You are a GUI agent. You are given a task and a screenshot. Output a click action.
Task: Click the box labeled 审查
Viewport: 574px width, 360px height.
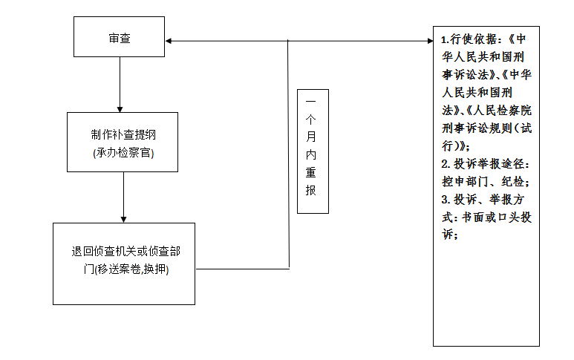coord(119,37)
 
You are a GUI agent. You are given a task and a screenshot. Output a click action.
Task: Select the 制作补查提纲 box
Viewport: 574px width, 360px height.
coord(123,143)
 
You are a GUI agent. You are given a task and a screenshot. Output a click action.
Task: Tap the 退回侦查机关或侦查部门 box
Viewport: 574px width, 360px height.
coord(124,263)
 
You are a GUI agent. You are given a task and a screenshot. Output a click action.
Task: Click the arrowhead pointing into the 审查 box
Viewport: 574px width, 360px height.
coord(170,40)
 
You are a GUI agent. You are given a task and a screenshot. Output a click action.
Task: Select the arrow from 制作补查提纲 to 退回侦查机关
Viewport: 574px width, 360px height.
coord(123,197)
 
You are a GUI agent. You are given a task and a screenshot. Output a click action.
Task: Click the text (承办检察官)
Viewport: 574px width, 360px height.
coord(123,153)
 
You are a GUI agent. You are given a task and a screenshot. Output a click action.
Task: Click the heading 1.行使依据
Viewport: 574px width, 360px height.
coord(471,39)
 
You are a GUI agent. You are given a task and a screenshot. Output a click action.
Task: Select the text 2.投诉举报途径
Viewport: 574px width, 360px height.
coord(484,163)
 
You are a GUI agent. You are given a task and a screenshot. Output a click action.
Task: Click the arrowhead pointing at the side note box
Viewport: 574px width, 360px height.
coord(428,40)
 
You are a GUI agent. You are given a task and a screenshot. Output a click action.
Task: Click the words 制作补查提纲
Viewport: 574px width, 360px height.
coord(123,136)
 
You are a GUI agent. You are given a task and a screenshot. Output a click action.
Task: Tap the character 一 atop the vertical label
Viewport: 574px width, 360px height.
coord(311,100)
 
